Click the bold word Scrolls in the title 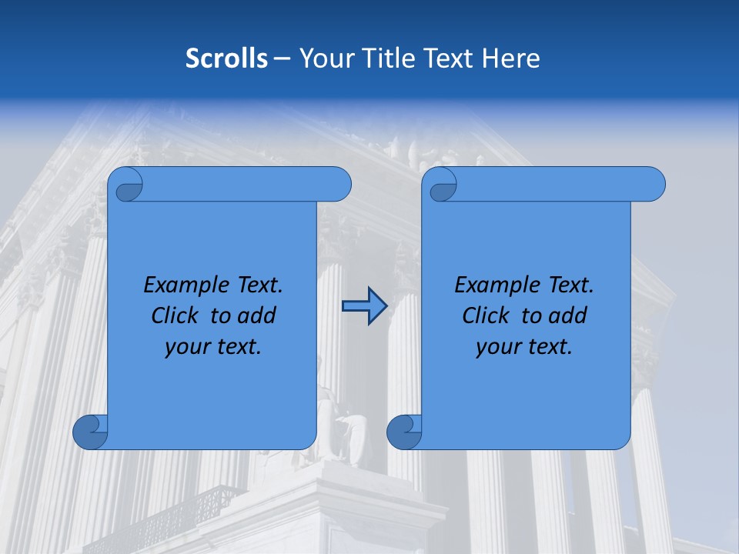[226, 58]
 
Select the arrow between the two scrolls [364, 306]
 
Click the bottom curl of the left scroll [89, 432]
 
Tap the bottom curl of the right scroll [403, 432]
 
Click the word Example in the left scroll [182, 285]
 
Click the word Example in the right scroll [493, 285]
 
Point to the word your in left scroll [186, 347]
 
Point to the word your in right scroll [497, 347]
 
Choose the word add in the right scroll [567, 315]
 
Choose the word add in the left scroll [256, 315]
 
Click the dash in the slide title [282, 58]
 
